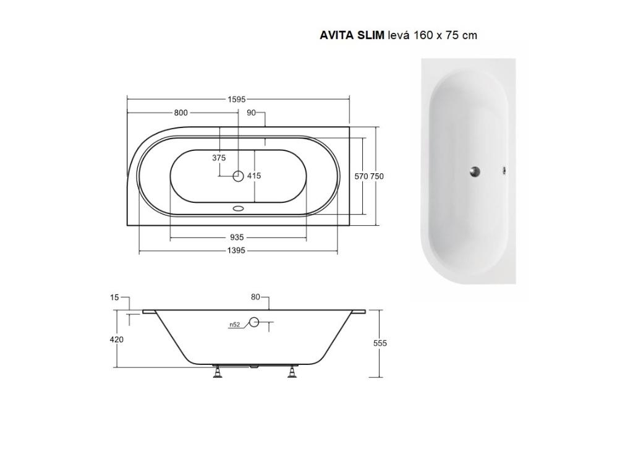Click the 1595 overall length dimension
(x=237, y=99)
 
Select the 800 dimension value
(x=181, y=113)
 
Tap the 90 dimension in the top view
(x=251, y=113)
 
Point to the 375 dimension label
(x=219, y=158)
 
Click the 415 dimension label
(x=254, y=176)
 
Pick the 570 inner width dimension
(x=361, y=176)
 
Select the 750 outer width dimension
(x=377, y=176)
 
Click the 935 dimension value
(x=237, y=237)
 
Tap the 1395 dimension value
(x=237, y=250)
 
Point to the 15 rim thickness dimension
(x=114, y=297)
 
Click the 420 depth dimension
(x=116, y=340)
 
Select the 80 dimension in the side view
(x=255, y=297)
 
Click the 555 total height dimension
(x=380, y=343)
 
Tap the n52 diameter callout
(x=234, y=325)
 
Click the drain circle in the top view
(x=238, y=176)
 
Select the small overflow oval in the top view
(x=238, y=208)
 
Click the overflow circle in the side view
(x=253, y=322)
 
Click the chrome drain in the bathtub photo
(x=475, y=172)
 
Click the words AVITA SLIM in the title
(x=352, y=35)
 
